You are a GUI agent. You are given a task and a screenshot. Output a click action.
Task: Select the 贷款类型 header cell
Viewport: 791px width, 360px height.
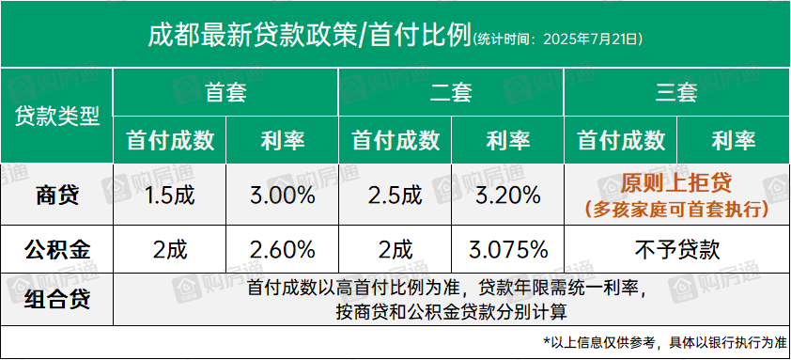click(x=56, y=117)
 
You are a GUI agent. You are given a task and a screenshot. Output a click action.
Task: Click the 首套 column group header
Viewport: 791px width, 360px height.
click(x=225, y=93)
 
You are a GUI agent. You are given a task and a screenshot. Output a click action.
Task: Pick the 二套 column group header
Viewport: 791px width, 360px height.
click(x=451, y=93)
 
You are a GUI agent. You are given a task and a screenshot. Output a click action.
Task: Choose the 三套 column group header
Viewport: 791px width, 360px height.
click(x=676, y=93)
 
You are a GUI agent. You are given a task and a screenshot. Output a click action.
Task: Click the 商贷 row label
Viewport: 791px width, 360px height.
click(x=56, y=196)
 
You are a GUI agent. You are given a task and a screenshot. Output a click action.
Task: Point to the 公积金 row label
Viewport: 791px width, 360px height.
click(x=56, y=249)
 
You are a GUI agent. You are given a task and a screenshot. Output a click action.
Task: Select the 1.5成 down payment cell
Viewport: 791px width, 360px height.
click(x=170, y=196)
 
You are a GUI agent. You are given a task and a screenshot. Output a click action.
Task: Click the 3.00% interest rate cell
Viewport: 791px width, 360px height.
click(x=283, y=196)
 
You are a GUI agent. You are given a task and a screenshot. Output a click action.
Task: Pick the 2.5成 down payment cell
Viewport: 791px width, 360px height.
click(x=395, y=196)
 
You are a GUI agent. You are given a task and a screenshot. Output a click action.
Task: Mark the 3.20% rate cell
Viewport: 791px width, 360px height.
click(x=508, y=196)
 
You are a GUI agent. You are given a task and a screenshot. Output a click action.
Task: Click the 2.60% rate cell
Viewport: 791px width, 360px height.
click(x=283, y=249)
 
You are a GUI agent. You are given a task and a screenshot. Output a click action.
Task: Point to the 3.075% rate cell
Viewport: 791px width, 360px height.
click(x=508, y=249)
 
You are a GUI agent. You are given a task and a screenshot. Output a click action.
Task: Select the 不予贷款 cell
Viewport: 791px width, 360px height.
click(x=676, y=249)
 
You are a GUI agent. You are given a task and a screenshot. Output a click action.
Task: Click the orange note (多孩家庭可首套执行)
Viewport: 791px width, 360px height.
click(x=676, y=209)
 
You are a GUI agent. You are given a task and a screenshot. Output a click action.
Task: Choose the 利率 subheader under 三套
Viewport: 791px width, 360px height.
click(x=734, y=141)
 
